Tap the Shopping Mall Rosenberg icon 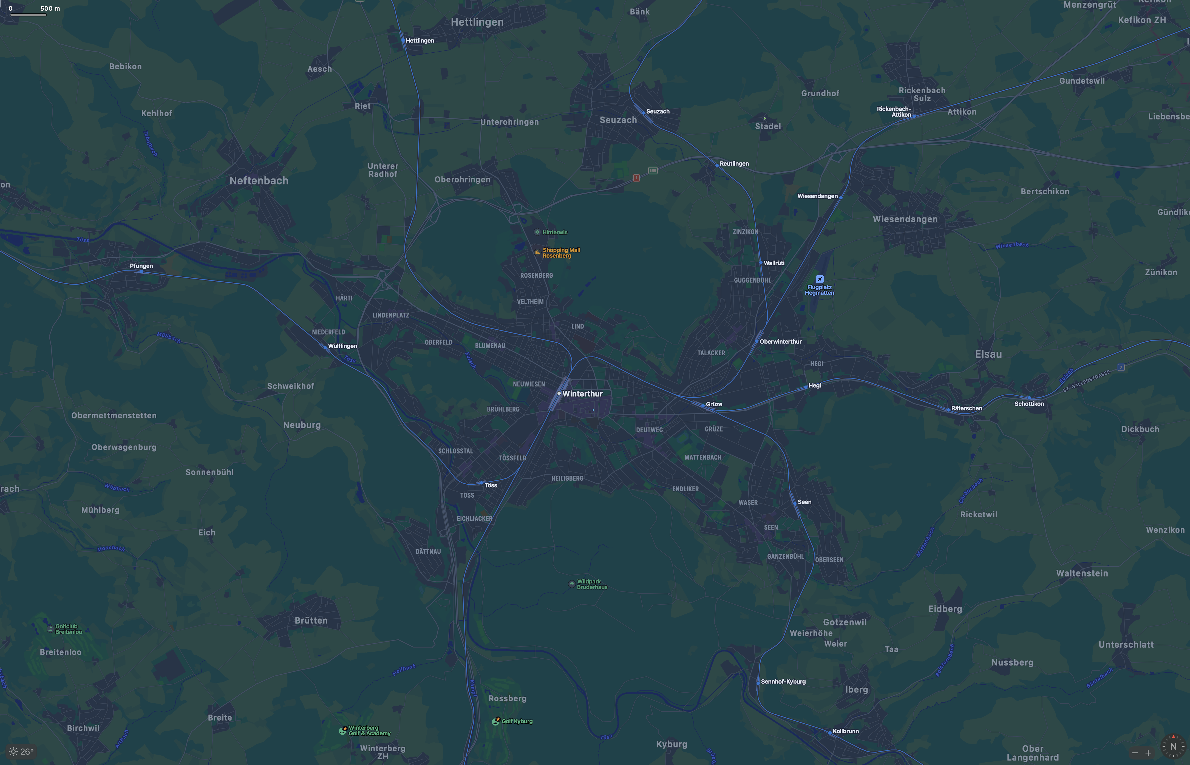click(x=537, y=252)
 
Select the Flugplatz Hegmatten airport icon click(x=820, y=279)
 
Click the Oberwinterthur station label click(x=780, y=342)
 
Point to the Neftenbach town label click(x=259, y=181)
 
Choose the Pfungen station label click(x=141, y=266)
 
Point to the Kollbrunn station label click(x=845, y=731)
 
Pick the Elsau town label click(x=988, y=354)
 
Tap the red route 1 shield click(x=636, y=178)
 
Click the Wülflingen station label click(x=342, y=346)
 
